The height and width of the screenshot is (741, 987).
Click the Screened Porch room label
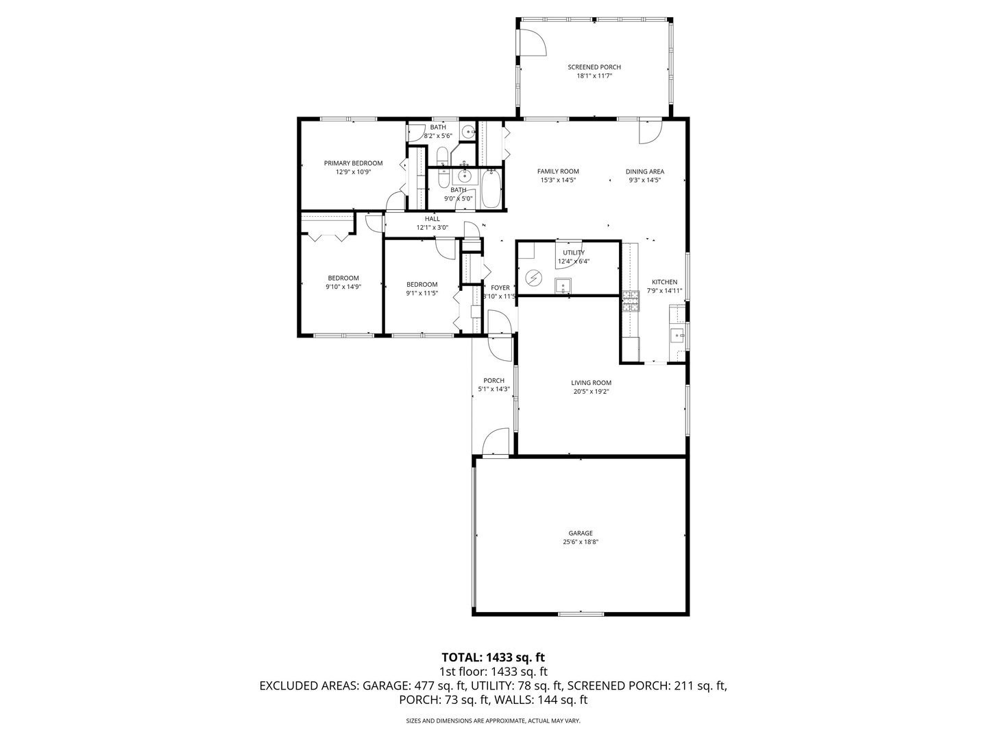pyautogui.click(x=594, y=67)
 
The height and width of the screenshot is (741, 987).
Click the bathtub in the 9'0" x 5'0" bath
pyautogui.click(x=491, y=189)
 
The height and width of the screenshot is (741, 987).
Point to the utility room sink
pyautogui.click(x=563, y=285)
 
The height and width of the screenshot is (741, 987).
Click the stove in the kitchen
pyautogui.click(x=630, y=302)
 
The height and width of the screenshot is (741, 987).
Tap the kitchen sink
pyautogui.click(x=677, y=335)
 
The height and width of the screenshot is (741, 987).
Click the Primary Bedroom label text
pyautogui.click(x=353, y=163)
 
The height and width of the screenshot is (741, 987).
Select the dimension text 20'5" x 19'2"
pyautogui.click(x=591, y=392)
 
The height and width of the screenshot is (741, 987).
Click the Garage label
pyautogui.click(x=580, y=533)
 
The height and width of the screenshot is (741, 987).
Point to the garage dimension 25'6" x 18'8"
pyautogui.click(x=580, y=542)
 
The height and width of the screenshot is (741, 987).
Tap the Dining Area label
pyautogui.click(x=644, y=172)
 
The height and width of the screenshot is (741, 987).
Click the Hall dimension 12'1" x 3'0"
pyautogui.click(x=432, y=228)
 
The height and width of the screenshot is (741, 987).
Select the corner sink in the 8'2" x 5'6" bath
pyautogui.click(x=468, y=132)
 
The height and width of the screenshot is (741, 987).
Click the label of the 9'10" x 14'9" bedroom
pyautogui.click(x=343, y=278)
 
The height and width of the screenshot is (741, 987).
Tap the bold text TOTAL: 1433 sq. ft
pyautogui.click(x=493, y=658)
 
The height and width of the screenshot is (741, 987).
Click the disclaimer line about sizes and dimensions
pyautogui.click(x=493, y=721)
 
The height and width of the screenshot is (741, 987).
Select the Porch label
pyautogui.click(x=493, y=381)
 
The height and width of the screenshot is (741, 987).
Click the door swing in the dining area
pyautogui.click(x=650, y=132)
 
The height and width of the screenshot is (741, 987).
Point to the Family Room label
pyautogui.click(x=558, y=172)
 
